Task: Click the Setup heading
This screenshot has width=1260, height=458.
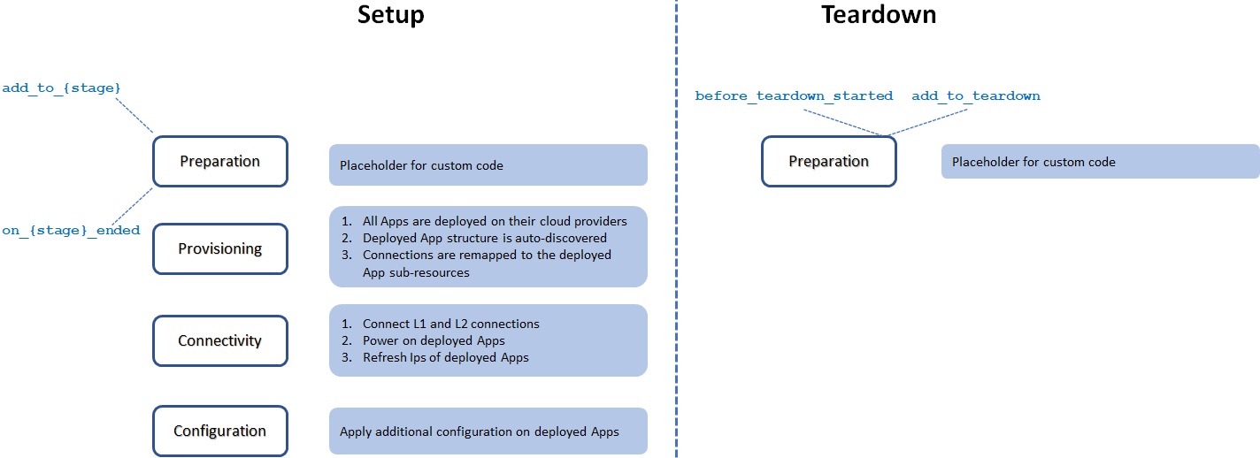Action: pos(390,15)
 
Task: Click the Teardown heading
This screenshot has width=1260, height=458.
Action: pos(878,15)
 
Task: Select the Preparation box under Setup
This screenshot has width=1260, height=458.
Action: pos(220,162)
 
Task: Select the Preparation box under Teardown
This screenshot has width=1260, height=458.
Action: pos(829,162)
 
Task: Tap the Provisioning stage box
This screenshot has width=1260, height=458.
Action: pos(220,248)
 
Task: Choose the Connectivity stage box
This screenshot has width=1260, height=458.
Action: pos(220,340)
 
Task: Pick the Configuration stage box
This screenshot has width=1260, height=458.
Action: pos(220,431)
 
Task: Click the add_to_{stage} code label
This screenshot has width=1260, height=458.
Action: pos(61,88)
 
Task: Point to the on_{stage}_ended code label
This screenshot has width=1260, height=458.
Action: pos(71,231)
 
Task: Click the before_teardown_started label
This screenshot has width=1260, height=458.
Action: pos(794,95)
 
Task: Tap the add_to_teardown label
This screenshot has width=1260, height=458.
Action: pos(976,95)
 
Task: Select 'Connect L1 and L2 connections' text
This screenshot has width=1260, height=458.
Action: pos(450,324)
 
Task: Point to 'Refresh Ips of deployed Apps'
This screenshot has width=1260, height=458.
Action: pos(445,357)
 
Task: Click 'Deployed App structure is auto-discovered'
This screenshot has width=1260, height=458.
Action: pos(485,238)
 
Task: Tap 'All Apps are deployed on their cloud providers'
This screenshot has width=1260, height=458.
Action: pos(495,221)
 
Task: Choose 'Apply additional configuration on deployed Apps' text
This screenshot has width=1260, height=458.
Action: pos(479,431)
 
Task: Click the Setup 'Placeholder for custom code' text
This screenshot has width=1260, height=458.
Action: pos(421,165)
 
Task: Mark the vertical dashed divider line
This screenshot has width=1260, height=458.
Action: pos(677,265)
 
